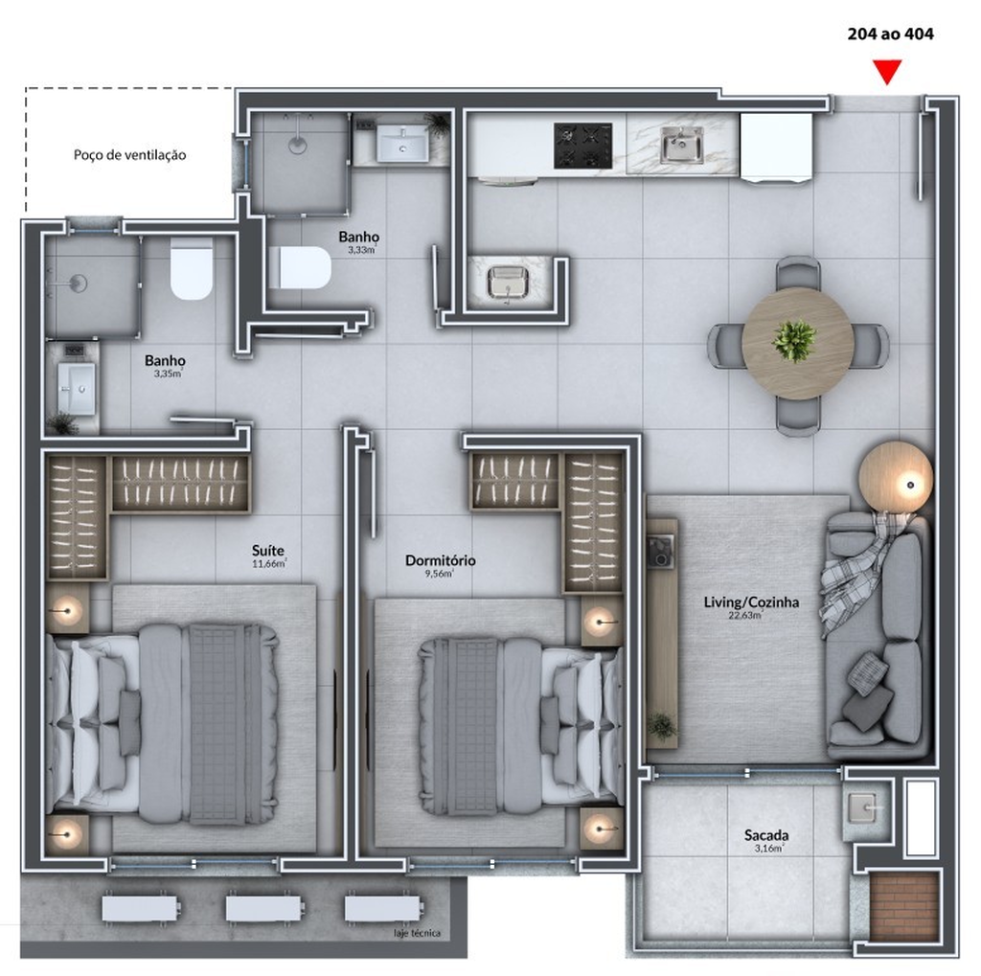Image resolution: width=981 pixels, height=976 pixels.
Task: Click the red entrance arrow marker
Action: point(887,71)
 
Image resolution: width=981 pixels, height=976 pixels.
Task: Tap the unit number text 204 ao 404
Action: point(890,34)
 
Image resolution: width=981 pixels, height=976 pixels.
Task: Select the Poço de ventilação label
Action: point(129,154)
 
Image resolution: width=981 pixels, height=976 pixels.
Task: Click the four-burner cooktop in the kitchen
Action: point(582,146)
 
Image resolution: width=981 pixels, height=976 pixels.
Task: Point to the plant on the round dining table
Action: point(794,341)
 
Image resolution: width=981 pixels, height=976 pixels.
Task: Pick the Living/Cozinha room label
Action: point(751,601)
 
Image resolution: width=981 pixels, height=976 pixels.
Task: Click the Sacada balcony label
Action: point(766,834)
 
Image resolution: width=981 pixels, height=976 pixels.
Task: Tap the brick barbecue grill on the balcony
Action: point(904,906)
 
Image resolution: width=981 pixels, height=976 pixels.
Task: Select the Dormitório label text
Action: point(441,560)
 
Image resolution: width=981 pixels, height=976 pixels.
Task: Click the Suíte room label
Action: point(268,550)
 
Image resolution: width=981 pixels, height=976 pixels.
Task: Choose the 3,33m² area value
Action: point(362,250)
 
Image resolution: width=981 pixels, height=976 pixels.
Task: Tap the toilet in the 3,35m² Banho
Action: point(192,268)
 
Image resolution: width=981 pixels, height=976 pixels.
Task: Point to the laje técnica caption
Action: point(418,933)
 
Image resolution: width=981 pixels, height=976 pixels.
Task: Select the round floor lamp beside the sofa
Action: point(896,479)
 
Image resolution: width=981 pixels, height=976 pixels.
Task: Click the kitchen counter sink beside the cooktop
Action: point(682,145)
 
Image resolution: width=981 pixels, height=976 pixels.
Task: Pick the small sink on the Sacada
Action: point(865,807)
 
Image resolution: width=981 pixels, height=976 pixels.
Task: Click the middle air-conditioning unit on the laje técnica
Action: point(264,908)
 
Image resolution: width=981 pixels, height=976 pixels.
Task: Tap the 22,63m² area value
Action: point(745,615)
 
